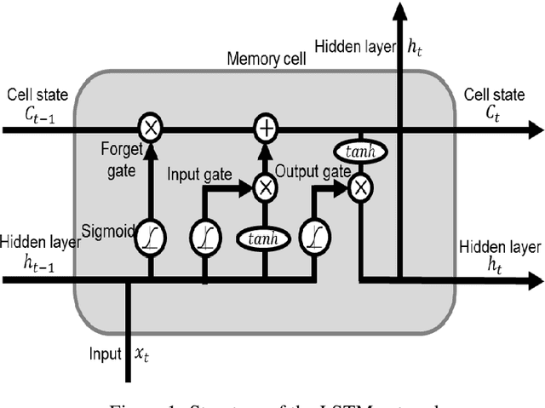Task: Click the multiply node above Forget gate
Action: [151, 129]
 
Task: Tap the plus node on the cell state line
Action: [267, 129]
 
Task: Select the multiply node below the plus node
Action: [267, 187]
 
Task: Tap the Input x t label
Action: [116, 351]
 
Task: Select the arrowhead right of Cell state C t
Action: [535, 129]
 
